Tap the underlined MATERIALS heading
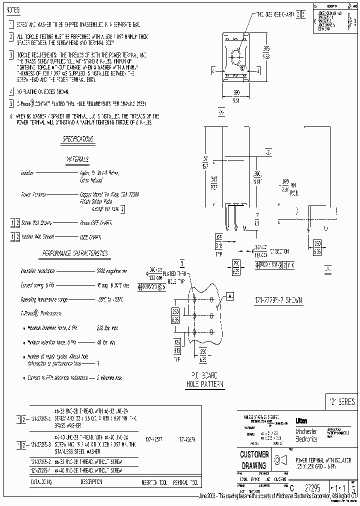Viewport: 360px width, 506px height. click(x=78, y=159)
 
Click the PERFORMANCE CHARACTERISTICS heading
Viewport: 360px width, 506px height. click(x=75, y=253)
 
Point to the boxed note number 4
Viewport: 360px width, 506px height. click(x=11, y=92)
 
